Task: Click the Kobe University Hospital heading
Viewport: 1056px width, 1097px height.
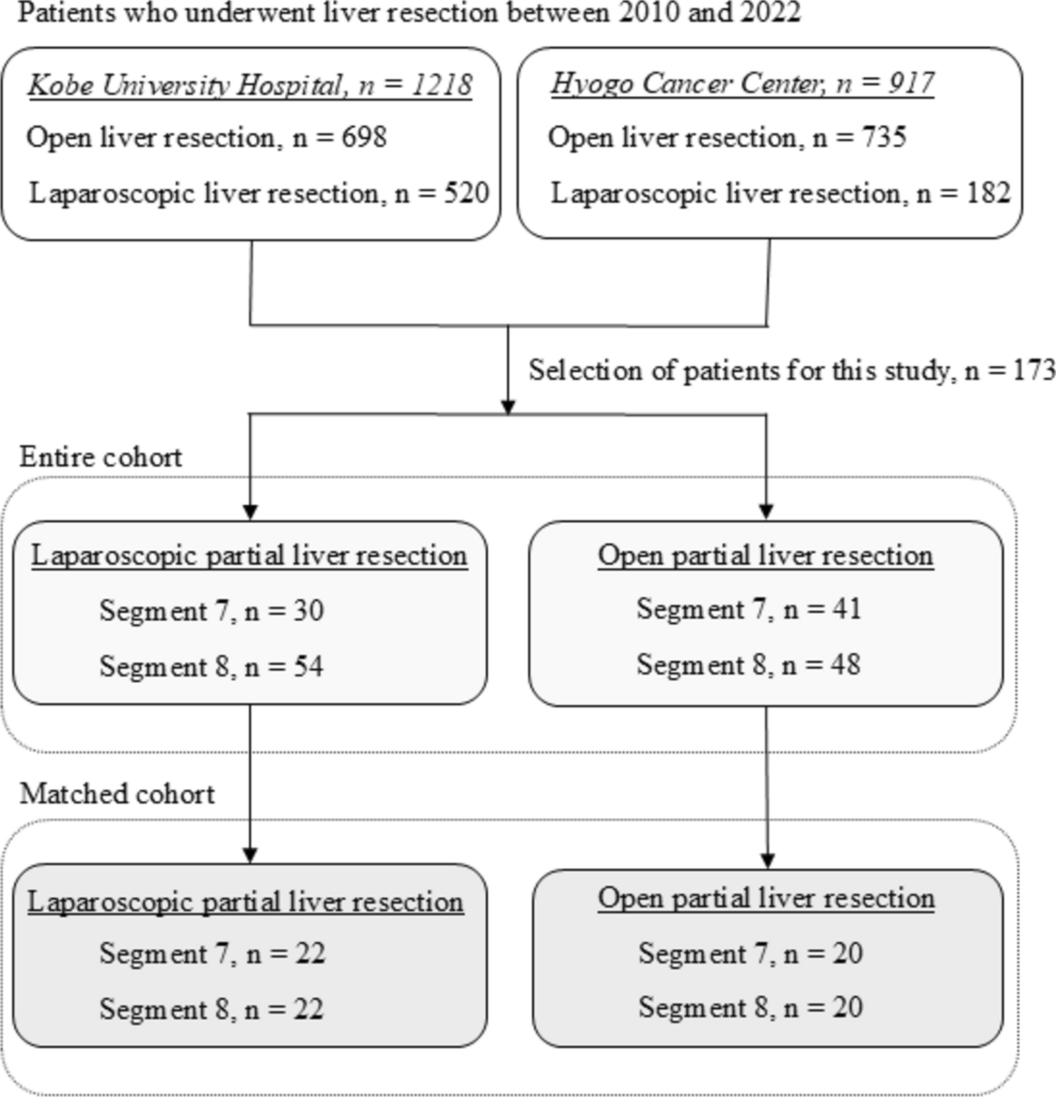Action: pyautogui.click(x=250, y=85)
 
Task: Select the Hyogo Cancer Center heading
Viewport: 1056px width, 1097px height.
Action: pyautogui.click(x=742, y=83)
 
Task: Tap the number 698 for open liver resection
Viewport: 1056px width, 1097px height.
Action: pyautogui.click(x=364, y=137)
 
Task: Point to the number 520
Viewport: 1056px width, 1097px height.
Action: pyautogui.click(x=466, y=192)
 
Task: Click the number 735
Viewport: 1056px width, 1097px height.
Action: pyautogui.click(x=884, y=136)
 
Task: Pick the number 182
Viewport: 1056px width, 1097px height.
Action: pyautogui.click(x=988, y=192)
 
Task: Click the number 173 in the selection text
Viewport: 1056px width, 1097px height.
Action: pyautogui.click(x=1033, y=370)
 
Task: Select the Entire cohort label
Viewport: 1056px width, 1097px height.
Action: pyautogui.click(x=101, y=457)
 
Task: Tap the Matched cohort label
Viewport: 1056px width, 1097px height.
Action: pyautogui.click(x=117, y=794)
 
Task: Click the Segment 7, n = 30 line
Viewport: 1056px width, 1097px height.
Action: pyautogui.click(x=211, y=611)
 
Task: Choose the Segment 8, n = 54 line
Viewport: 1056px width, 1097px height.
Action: pyautogui.click(x=211, y=666)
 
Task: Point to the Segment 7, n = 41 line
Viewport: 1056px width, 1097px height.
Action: pyautogui.click(x=749, y=608)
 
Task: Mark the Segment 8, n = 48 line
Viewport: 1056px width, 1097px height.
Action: pyautogui.click(x=749, y=664)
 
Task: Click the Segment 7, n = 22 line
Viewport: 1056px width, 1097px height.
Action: pyautogui.click(x=212, y=953)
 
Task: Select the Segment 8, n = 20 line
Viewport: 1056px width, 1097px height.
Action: pyautogui.click(x=751, y=1007)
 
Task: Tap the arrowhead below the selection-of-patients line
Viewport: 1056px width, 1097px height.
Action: pyautogui.click(x=508, y=407)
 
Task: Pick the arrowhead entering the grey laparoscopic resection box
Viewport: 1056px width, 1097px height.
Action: pyautogui.click(x=250, y=855)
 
